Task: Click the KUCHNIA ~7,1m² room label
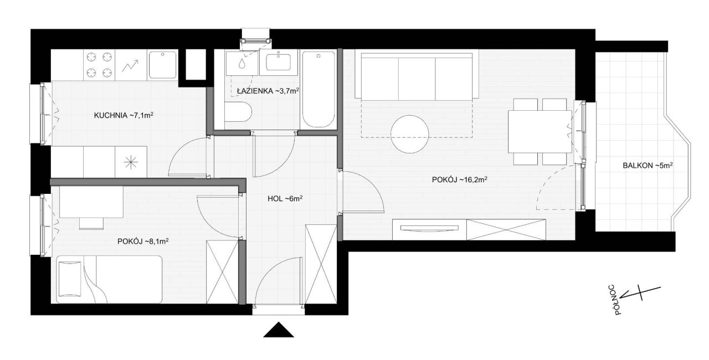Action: point(124,115)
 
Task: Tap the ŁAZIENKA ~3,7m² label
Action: point(268,91)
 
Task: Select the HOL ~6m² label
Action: point(285,199)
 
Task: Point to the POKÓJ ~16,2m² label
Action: point(459,179)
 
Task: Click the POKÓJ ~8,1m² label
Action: point(143,241)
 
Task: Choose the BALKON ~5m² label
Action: point(648,166)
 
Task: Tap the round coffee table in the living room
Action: point(409,134)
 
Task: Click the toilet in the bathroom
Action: point(238,112)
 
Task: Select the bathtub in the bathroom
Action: point(318,90)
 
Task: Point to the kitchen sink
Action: point(163,65)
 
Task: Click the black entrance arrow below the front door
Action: point(279,330)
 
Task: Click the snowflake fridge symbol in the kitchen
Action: point(131,162)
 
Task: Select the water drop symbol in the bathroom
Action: point(242,63)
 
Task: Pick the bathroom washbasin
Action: point(278,63)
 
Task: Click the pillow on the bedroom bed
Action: point(70,279)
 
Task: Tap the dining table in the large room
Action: point(540,132)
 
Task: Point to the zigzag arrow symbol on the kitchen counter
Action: point(131,65)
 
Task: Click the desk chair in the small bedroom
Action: point(91,223)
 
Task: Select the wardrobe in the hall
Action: point(321,264)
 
